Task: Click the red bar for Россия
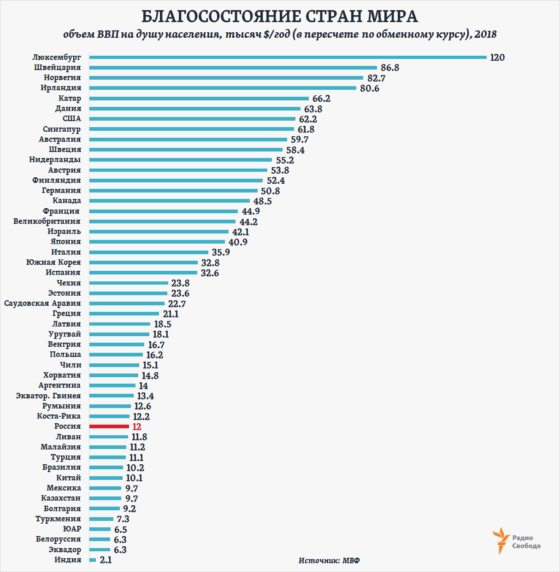(109, 426)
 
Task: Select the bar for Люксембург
(288, 57)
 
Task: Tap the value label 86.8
(390, 68)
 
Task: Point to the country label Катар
(70, 98)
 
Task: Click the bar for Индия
(93, 560)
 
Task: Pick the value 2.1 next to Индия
(106, 560)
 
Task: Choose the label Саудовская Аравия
(42, 303)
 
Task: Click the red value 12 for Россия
(137, 427)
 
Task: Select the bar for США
(192, 119)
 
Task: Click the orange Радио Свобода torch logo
(501, 541)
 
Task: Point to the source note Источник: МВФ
(329, 560)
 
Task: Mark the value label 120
(497, 58)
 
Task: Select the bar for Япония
(157, 242)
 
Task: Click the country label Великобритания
(47, 221)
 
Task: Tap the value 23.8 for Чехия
(180, 283)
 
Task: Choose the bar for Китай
(106, 478)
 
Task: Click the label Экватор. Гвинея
(48, 396)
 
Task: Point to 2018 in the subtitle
(485, 35)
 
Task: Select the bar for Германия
(173, 191)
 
